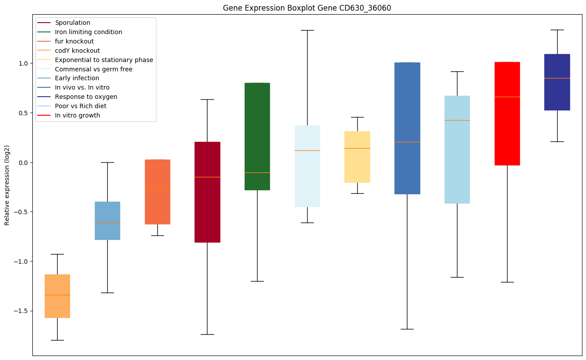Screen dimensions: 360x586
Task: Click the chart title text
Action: point(307,8)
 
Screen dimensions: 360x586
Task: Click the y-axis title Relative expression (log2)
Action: point(7,185)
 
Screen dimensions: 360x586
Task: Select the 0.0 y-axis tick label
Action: point(23,163)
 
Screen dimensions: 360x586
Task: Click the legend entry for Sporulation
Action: point(73,23)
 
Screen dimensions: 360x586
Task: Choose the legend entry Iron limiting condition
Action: point(88,32)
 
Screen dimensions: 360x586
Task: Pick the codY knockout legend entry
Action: point(77,51)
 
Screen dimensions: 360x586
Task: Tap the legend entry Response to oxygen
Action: point(86,97)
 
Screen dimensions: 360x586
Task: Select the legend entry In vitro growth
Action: point(78,115)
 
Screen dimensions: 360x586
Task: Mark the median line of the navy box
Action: point(557,78)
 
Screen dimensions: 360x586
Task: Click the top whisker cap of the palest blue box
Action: point(307,31)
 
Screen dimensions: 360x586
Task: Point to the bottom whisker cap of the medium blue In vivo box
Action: point(407,329)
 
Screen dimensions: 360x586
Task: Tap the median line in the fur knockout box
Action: point(157,189)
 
